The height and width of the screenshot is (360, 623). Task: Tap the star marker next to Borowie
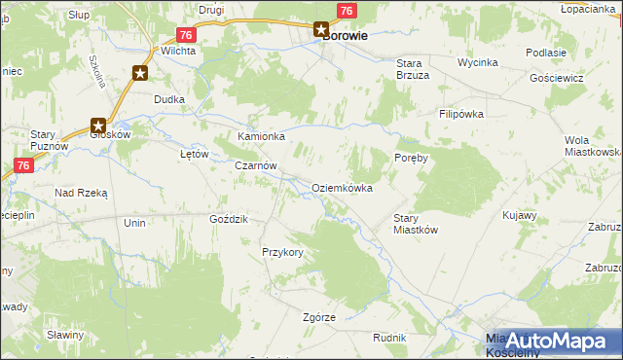click(x=321, y=30)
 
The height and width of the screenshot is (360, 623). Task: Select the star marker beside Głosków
click(x=98, y=125)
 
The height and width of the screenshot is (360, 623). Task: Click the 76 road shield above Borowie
click(x=346, y=10)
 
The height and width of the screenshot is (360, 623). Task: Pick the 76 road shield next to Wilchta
click(x=188, y=34)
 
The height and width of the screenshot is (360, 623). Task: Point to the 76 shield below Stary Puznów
click(x=25, y=166)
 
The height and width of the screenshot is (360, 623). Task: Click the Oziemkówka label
click(x=342, y=188)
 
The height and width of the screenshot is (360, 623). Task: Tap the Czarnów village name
click(x=256, y=166)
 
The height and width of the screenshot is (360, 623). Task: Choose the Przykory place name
click(x=282, y=252)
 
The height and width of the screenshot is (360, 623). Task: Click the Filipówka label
click(x=460, y=114)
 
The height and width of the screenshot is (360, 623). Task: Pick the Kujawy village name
click(x=520, y=214)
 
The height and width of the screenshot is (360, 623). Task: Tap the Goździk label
click(x=229, y=219)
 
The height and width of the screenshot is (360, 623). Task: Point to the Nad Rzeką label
click(x=81, y=193)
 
